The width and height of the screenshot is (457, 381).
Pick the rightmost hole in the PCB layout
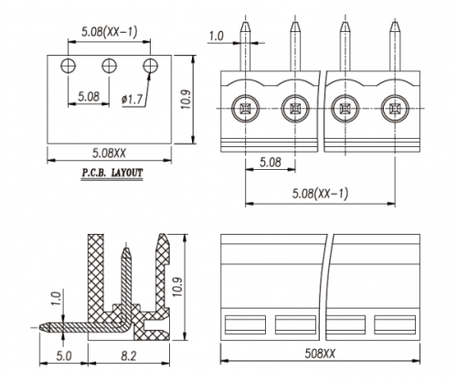click(x=150, y=65)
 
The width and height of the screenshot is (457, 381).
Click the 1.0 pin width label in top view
click(x=216, y=37)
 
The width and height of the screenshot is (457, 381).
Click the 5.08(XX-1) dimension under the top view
click(x=320, y=194)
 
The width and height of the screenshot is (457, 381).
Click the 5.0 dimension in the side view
click(x=66, y=355)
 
